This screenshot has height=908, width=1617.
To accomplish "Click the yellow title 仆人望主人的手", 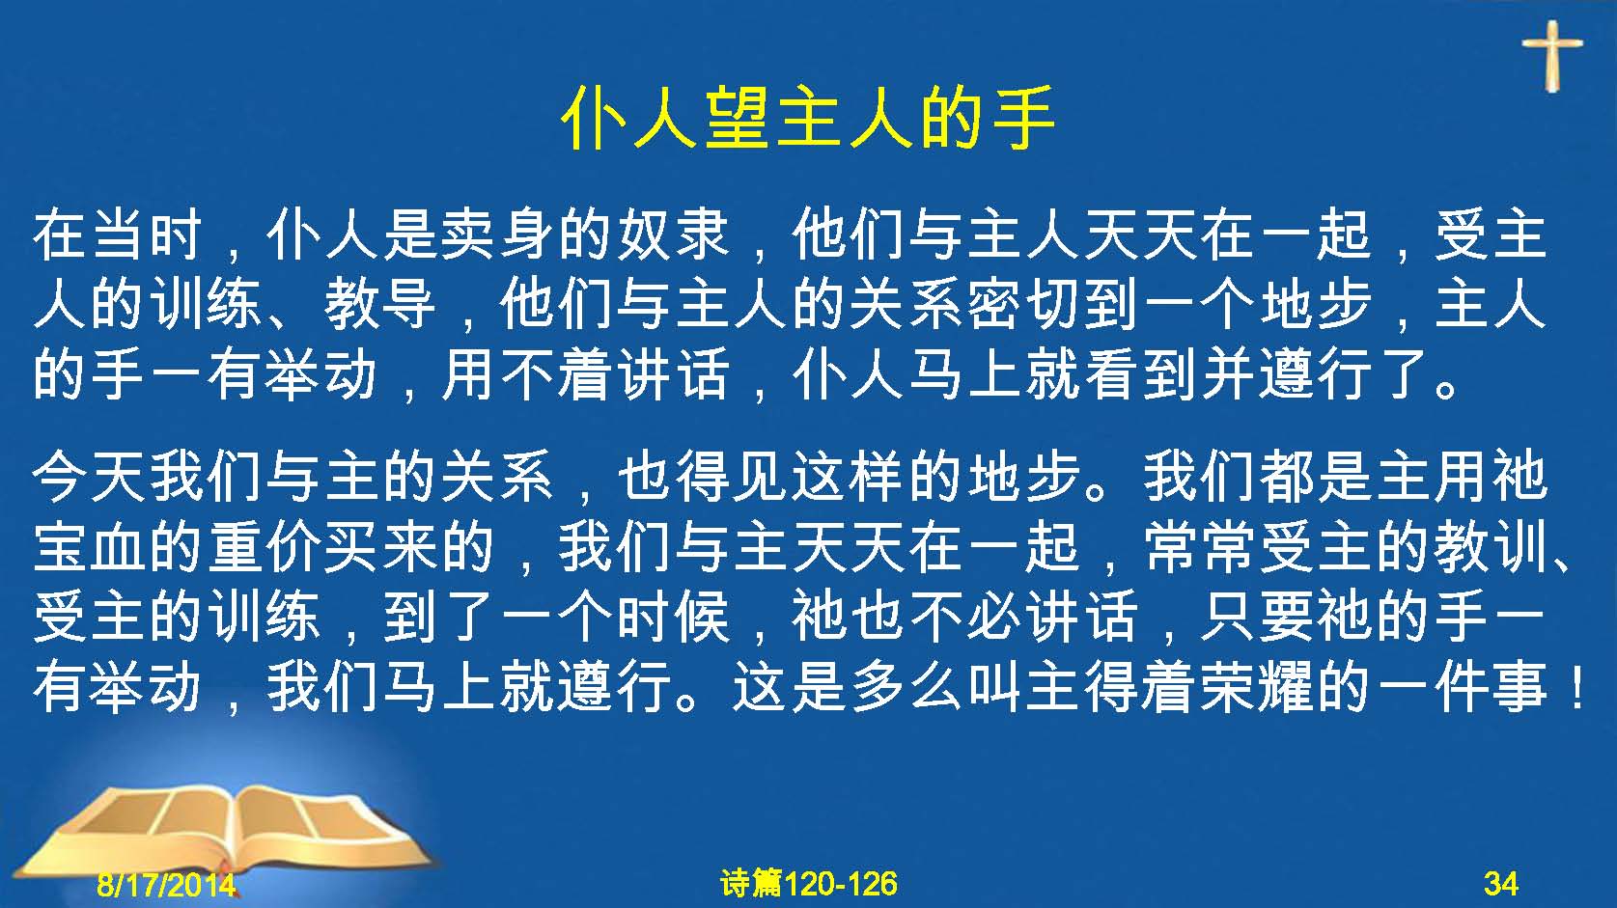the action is (x=808, y=119).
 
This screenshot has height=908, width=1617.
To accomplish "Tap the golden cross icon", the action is (x=1552, y=56).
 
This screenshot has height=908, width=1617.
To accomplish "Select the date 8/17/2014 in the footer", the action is (x=166, y=884).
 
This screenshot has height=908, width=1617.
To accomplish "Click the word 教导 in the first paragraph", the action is (x=380, y=305).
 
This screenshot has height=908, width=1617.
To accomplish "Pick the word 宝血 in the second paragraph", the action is (x=89, y=547).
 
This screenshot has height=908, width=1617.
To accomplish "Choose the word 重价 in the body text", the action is (x=265, y=547).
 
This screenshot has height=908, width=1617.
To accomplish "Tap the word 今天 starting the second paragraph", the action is (x=89, y=478).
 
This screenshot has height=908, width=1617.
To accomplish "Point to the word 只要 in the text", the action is (x=1257, y=617).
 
